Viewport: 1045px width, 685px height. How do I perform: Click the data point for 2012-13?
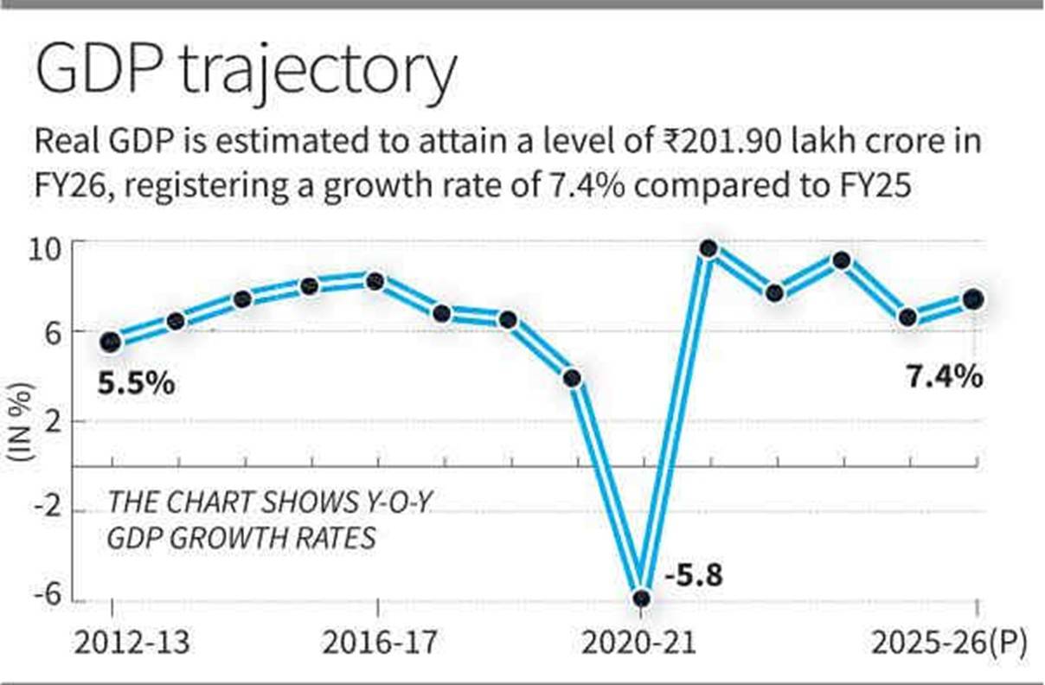click(111, 342)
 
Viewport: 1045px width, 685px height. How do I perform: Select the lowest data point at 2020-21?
click(641, 598)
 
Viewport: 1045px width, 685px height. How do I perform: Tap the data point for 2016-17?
click(375, 281)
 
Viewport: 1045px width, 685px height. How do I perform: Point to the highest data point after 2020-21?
click(708, 249)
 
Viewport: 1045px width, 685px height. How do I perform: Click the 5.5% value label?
click(136, 382)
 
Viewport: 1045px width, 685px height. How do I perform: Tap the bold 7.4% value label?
click(944, 376)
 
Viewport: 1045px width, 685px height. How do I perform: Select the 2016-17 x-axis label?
click(378, 644)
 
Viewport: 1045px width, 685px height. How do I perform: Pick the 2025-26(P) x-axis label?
click(947, 644)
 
